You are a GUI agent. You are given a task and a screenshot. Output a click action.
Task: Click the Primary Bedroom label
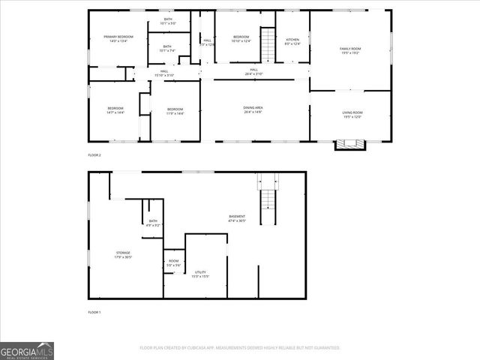(x=118, y=39)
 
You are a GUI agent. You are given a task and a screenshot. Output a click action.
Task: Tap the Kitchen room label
(x=292, y=41)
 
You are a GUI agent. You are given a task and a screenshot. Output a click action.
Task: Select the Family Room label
(x=351, y=50)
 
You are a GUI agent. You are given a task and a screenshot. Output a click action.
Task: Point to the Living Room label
(x=352, y=115)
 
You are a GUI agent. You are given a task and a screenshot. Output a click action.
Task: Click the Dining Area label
(x=253, y=109)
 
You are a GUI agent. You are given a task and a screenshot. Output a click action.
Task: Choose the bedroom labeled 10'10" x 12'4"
(x=241, y=39)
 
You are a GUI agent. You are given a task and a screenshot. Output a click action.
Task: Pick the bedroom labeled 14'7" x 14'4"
(x=115, y=110)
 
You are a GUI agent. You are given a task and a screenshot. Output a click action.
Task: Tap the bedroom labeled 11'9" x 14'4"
(x=175, y=110)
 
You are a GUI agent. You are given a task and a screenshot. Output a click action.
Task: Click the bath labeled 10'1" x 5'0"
(x=168, y=21)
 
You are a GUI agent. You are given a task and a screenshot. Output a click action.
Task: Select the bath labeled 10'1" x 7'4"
(x=167, y=49)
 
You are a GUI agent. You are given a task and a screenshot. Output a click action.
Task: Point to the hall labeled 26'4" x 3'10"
(x=253, y=72)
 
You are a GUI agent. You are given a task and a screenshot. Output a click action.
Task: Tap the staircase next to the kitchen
(x=268, y=44)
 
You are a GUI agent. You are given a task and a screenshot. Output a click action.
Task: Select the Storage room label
(x=123, y=255)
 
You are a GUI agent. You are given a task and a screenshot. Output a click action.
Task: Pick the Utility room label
(x=200, y=274)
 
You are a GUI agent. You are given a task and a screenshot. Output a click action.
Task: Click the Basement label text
(x=237, y=218)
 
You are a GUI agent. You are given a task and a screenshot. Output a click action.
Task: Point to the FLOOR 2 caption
(x=94, y=155)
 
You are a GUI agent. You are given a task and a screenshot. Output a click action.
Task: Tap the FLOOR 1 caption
(x=94, y=312)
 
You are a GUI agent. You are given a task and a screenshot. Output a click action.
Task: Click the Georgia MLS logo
(x=27, y=350)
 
